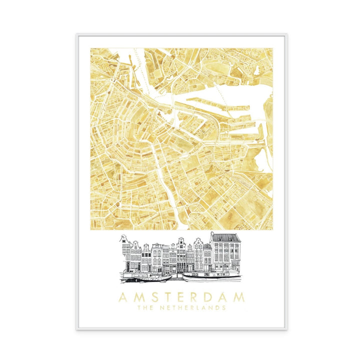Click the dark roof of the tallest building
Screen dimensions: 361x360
[225, 236]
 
